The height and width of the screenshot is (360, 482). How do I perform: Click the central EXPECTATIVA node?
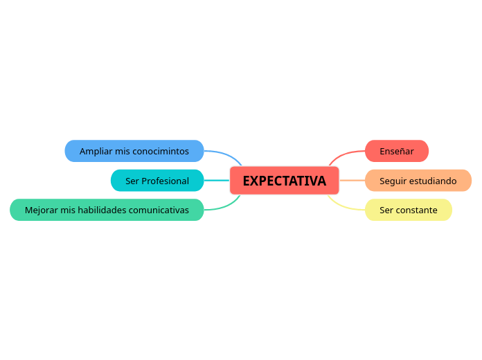pos(284,181)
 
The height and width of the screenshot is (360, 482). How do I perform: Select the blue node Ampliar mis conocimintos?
pos(134,151)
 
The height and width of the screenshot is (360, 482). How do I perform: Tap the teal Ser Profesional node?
pos(157,181)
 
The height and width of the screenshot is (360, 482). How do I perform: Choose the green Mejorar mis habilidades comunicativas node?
pos(107,210)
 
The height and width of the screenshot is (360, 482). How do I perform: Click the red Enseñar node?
pos(397,151)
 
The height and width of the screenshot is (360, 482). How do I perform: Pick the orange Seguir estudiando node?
pos(418,181)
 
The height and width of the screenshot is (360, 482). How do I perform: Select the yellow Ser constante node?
pos(409,210)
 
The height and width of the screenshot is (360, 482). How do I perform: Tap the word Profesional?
pos(166,181)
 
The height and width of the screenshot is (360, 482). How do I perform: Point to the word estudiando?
pos(433,181)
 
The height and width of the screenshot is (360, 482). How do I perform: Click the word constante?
pos(418,210)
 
